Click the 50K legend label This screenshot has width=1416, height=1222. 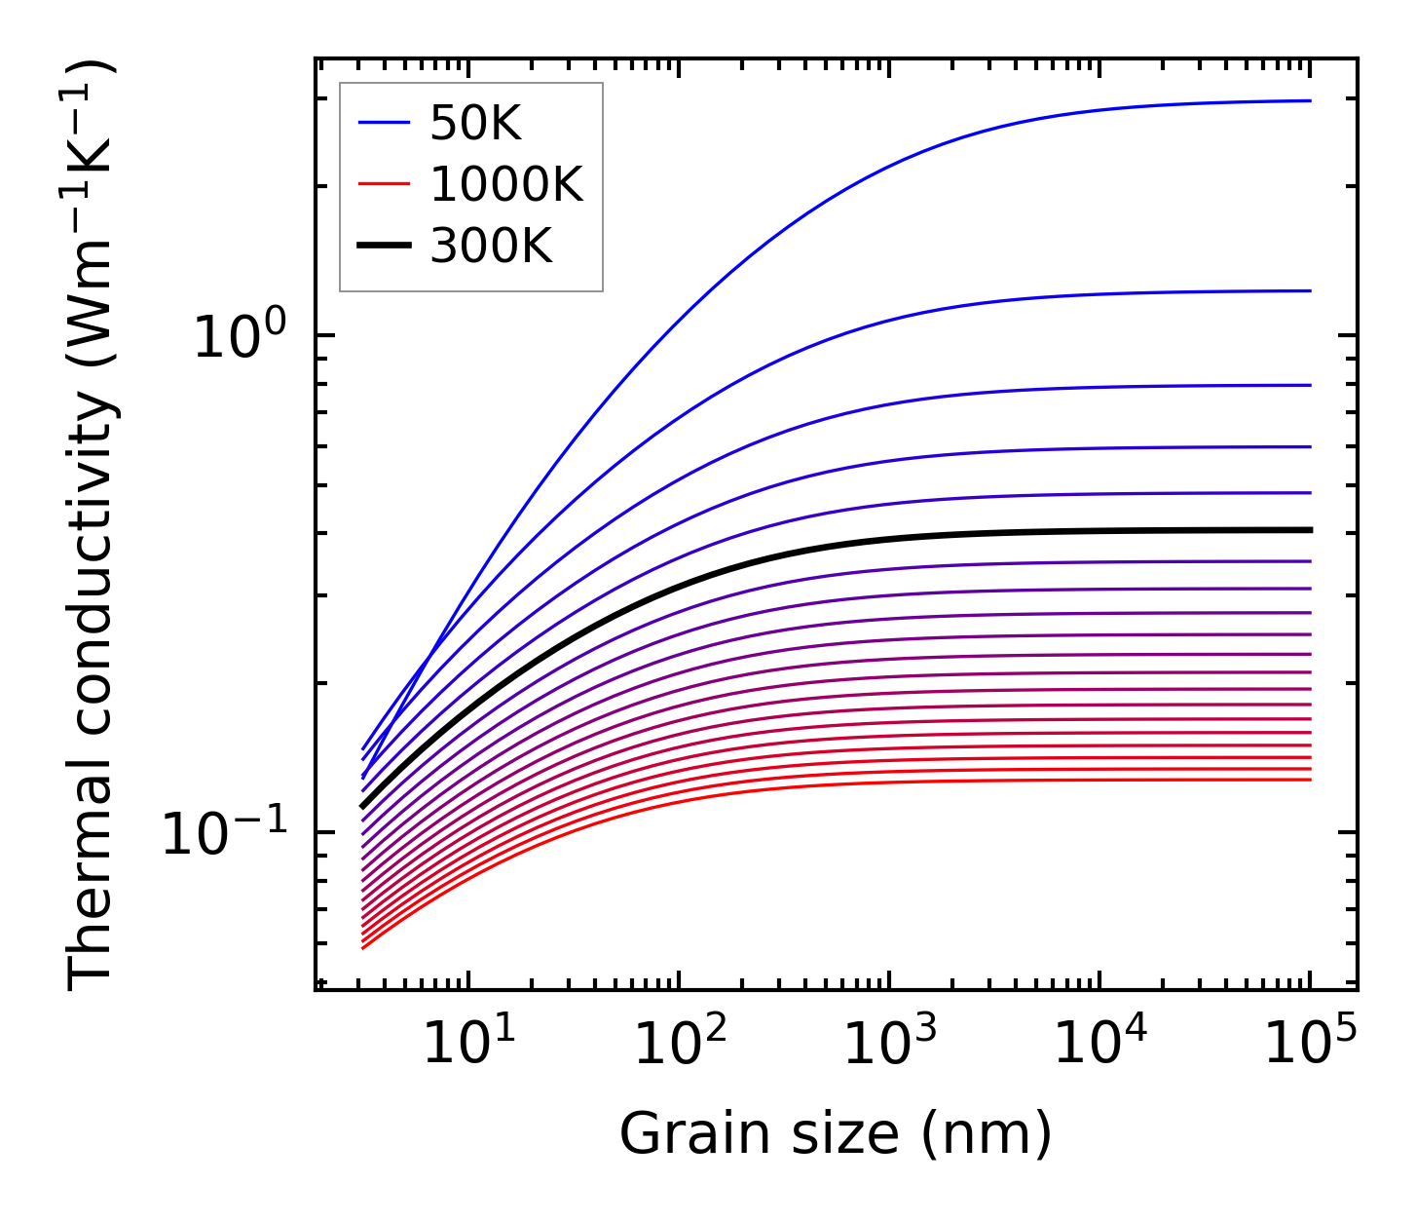point(476,124)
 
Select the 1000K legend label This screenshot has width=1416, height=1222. point(506,185)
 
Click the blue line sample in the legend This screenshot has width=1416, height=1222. point(384,124)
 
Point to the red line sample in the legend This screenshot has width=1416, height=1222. point(384,185)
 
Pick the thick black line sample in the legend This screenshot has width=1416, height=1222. point(384,247)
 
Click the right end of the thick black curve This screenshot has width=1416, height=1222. point(1311,530)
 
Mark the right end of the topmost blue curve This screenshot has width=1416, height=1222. point(1311,100)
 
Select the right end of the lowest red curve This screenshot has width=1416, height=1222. point(1311,779)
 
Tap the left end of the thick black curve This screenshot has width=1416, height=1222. point(362,807)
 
